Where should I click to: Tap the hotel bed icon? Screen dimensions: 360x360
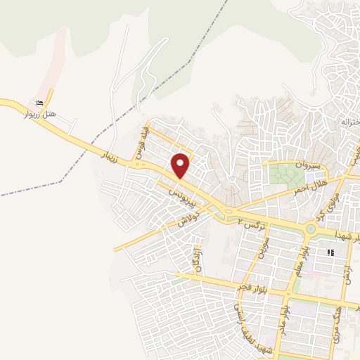(x=49, y=101)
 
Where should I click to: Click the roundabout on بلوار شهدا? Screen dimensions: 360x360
(x=311, y=229)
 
